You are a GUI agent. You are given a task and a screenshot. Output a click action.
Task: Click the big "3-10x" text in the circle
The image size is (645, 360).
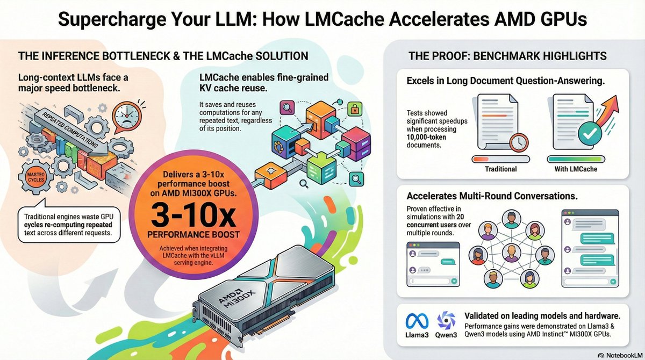pyautogui.click(x=193, y=215)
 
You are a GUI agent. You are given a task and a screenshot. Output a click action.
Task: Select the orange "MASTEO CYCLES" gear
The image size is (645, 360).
pyautogui.click(x=35, y=177)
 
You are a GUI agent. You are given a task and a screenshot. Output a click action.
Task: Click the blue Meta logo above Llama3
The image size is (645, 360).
pyautogui.click(x=417, y=321)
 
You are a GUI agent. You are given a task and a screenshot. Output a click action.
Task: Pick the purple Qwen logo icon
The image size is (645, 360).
pyautogui.click(x=446, y=320)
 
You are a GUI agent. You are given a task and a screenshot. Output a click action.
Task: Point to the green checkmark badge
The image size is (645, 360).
pyautogui.click(x=590, y=133)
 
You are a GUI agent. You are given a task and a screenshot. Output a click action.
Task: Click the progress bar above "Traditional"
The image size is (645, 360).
pyautogui.click(x=501, y=159)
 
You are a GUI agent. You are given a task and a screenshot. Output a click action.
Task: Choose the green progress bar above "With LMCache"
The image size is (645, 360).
pyautogui.click(x=576, y=159)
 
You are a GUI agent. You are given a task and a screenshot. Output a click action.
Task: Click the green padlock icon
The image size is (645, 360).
pyautogui.click(x=355, y=109)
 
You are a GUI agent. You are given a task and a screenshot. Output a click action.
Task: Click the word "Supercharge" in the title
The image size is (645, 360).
pyautogui.click(x=112, y=19)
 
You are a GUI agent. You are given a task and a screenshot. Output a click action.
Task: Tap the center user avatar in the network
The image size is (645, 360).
pyautogui.click(x=511, y=253)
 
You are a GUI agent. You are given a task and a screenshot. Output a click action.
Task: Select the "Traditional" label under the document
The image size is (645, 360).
pyautogui.click(x=501, y=169)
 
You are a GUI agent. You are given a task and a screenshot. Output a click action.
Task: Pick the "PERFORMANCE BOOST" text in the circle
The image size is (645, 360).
pyautogui.click(x=193, y=234)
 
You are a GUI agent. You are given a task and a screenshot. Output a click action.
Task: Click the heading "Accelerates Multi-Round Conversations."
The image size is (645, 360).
pyautogui.click(x=492, y=196)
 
